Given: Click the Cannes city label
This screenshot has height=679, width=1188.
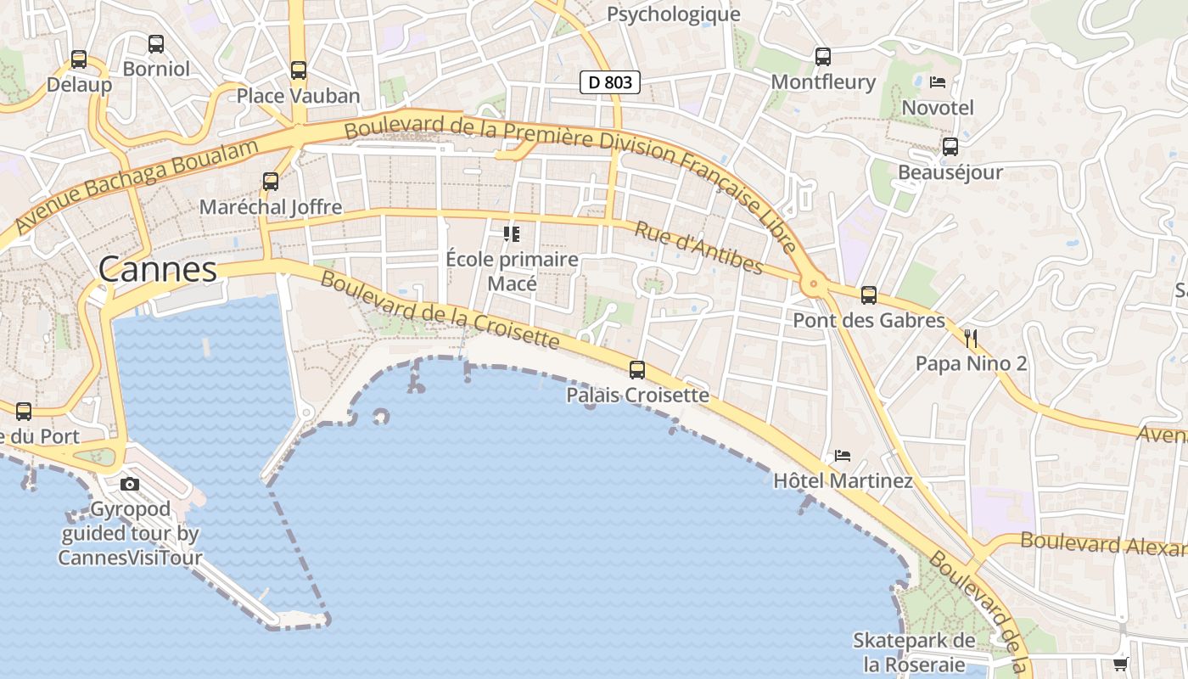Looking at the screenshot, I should pyautogui.click(x=158, y=270).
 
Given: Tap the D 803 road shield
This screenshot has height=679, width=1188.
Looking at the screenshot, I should pyautogui.click(x=609, y=82).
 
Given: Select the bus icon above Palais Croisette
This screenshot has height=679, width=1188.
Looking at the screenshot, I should pyautogui.click(x=637, y=370).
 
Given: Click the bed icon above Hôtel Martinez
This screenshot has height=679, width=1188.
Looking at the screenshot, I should pyautogui.click(x=843, y=456).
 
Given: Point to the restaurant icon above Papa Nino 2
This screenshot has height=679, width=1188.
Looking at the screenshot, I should pyautogui.click(x=971, y=339).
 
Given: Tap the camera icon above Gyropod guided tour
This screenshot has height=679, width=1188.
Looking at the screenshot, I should pyautogui.click(x=130, y=485).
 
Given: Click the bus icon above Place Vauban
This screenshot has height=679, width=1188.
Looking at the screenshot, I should pyautogui.click(x=298, y=70).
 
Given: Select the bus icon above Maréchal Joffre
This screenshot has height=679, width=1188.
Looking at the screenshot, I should pyautogui.click(x=271, y=182).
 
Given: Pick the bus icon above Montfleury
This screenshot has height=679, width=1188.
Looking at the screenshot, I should pyautogui.click(x=823, y=57).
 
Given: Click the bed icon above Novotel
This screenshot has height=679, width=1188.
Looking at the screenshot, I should pyautogui.click(x=938, y=82).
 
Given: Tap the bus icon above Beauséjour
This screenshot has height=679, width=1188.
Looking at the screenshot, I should pyautogui.click(x=950, y=147).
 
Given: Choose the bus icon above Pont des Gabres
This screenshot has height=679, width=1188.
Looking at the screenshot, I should pyautogui.click(x=869, y=295).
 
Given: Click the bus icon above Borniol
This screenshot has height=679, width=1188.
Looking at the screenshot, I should pyautogui.click(x=156, y=44).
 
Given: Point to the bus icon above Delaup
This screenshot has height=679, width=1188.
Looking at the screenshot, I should pyautogui.click(x=79, y=59).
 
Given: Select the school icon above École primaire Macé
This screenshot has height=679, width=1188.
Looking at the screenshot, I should pyautogui.click(x=512, y=233).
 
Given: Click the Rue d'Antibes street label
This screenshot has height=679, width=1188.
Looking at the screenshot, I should pyautogui.click(x=698, y=248).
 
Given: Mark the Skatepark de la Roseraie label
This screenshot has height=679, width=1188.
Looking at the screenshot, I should pyautogui.click(x=914, y=652).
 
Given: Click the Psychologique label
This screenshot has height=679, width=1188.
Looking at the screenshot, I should pyautogui.click(x=673, y=14).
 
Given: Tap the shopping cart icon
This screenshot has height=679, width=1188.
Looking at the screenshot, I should pyautogui.click(x=1121, y=664).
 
